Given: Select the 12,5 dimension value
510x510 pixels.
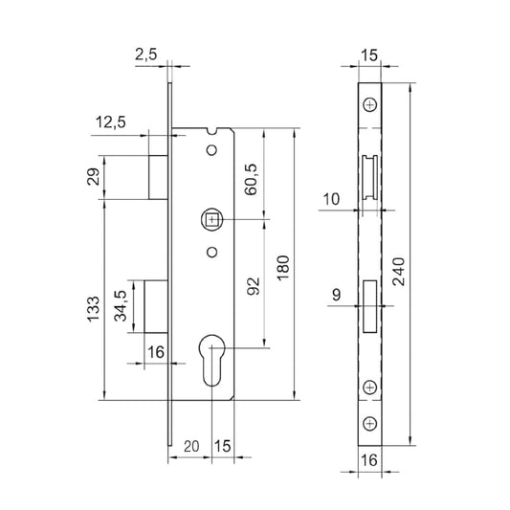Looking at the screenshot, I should pos(112,122).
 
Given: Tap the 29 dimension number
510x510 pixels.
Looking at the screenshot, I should pos(93,178).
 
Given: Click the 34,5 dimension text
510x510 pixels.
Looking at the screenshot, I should pos(122,308).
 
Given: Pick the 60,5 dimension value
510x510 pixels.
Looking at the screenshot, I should pos(253,177).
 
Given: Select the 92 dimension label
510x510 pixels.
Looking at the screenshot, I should pos(254,286).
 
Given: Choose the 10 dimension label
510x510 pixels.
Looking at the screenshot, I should pos(331,198).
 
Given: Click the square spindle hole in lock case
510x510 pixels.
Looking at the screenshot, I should pos(211,220).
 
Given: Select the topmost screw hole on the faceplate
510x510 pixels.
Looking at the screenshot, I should pos(371,102).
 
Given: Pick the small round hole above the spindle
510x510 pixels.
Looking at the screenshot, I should pos(211,150).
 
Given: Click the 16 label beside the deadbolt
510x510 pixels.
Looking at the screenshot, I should pos(157,353).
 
